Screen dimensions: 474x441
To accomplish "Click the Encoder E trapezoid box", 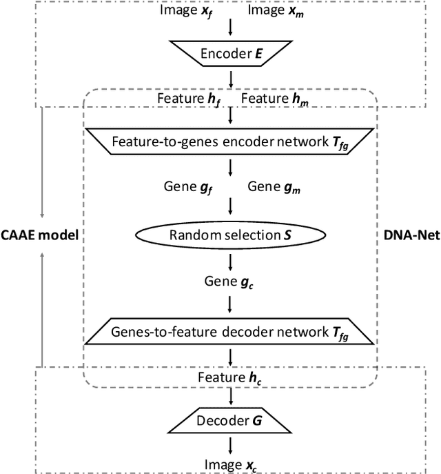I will tap(230, 55).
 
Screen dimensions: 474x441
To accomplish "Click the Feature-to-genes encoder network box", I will tap(230, 143).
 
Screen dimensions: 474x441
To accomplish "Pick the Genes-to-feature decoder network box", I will tap(230, 332).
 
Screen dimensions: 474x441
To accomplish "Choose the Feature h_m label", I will tap(274, 99).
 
